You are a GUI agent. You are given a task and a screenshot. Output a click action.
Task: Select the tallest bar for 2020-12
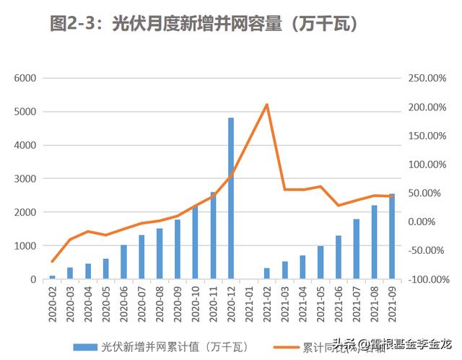click(231, 198)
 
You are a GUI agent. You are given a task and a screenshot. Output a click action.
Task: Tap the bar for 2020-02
click(52, 277)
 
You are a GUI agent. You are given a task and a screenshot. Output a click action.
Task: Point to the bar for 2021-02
click(267, 273)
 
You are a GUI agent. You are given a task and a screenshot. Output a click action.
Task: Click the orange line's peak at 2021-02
click(267, 105)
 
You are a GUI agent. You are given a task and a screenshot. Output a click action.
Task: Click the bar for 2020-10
click(195, 242)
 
